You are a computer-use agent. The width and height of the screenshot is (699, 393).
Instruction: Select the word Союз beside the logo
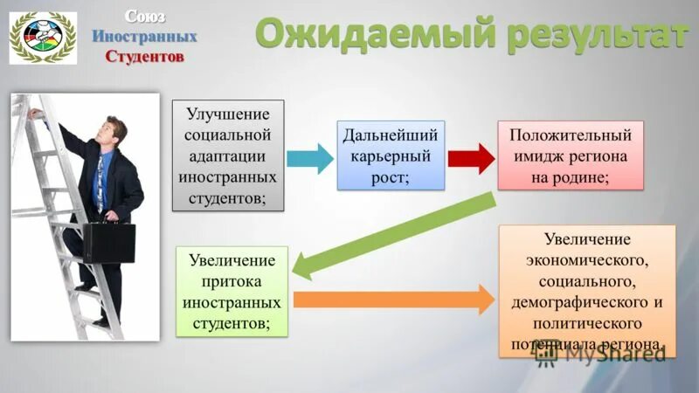click(x=143, y=16)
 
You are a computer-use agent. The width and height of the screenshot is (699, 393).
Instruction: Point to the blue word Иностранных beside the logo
click(x=145, y=37)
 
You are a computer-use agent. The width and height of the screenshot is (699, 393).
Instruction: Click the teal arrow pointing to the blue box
click(x=309, y=158)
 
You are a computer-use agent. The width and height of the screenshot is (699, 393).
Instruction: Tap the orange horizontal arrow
click(x=393, y=300)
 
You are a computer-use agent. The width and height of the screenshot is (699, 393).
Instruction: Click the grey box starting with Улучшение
click(x=232, y=155)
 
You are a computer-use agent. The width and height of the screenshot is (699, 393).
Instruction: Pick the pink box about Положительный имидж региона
click(x=570, y=155)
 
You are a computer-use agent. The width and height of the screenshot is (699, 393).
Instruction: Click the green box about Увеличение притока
click(x=232, y=292)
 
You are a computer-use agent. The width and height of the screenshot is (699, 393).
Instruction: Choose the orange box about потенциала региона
click(x=586, y=290)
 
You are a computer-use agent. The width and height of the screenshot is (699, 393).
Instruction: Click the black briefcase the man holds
click(x=108, y=242)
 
